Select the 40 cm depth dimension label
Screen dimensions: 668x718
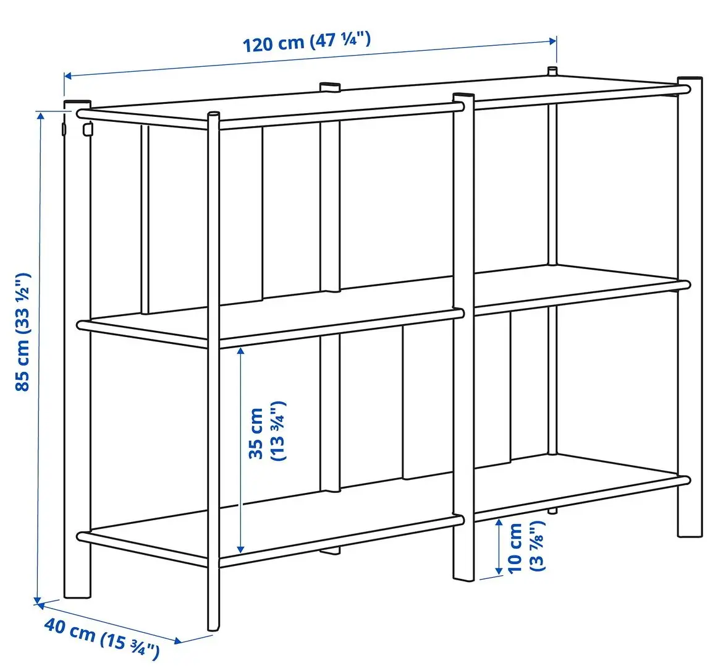102,638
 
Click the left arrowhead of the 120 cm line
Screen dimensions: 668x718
68,76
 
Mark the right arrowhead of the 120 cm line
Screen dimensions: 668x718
553,41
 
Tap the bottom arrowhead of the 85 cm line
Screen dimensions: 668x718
37,599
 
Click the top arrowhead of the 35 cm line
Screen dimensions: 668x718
241,350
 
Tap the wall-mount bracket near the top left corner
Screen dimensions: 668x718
87,129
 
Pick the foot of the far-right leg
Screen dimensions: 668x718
690,532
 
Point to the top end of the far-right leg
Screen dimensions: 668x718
690,81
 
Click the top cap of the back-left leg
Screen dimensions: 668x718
77,103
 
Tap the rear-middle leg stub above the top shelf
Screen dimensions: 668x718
329,86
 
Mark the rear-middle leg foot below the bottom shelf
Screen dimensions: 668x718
330,550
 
